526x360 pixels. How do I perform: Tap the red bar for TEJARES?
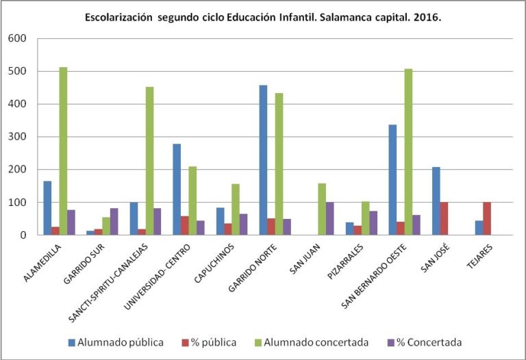[487, 219]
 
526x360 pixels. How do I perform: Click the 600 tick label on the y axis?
[16, 38]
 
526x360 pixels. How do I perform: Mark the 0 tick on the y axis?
[22, 235]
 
